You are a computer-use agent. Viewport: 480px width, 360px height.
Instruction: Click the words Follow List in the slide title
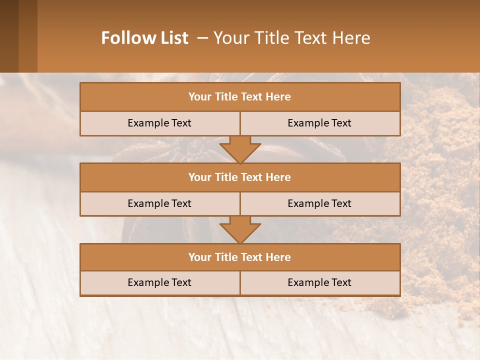click(x=145, y=38)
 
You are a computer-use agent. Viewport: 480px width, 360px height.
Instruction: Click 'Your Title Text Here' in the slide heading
click(x=291, y=38)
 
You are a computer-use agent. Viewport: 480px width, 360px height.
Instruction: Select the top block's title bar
click(x=239, y=97)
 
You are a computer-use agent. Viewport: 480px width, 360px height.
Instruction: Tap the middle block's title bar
click(x=239, y=177)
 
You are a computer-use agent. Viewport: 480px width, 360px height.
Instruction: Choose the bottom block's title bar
click(x=239, y=257)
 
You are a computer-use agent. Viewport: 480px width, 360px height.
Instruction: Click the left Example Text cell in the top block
click(x=159, y=123)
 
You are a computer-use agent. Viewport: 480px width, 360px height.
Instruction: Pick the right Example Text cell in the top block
click(x=319, y=123)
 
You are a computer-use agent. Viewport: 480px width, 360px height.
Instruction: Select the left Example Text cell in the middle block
click(x=159, y=204)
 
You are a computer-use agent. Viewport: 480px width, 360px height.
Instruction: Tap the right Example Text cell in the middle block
click(x=319, y=204)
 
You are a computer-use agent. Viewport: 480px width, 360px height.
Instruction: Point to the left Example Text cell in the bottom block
click(x=159, y=283)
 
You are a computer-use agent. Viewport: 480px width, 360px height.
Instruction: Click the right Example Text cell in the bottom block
click(x=319, y=283)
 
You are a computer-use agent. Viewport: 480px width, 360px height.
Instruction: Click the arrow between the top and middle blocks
click(x=240, y=149)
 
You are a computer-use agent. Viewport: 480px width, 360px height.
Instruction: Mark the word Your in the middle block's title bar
click(x=199, y=177)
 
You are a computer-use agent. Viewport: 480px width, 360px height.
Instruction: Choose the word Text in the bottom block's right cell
click(x=341, y=283)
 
